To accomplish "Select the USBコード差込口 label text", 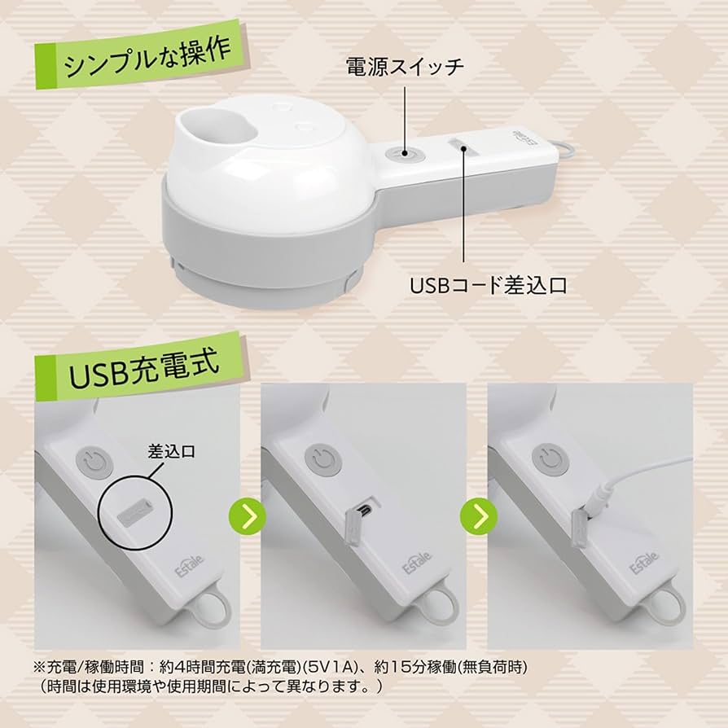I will pos(488,286).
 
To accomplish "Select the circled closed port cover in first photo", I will pos(135,513).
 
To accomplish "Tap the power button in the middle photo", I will pos(320,460).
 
